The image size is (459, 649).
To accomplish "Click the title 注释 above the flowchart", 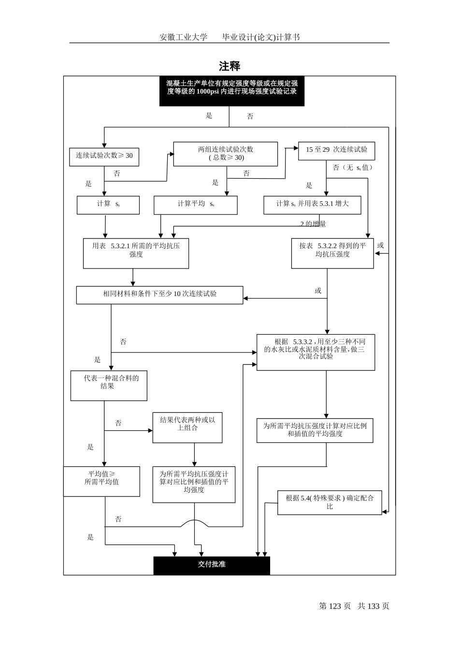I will pos(229,66).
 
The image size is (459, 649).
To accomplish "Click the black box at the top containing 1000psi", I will pos(232,91).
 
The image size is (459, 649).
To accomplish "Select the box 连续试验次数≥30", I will pos(104,156).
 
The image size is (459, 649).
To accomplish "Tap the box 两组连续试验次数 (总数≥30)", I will pos(226,154).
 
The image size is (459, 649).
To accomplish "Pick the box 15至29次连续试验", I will pos(336,151).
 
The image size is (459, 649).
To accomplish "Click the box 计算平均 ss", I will pos(195,205).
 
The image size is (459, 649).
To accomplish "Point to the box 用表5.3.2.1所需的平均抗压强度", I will pos(136,253).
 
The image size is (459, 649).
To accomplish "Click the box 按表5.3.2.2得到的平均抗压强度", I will pos(332,253).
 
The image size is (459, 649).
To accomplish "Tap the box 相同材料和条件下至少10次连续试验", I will pos(159,295).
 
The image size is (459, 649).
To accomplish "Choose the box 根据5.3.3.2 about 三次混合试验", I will pos(316,352).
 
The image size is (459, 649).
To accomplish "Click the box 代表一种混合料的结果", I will pos(109,385).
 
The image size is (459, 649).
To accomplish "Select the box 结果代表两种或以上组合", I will pos(187,427).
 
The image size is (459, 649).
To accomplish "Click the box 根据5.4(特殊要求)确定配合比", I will pos(330,502).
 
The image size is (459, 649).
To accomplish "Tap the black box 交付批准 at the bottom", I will pos(212,565).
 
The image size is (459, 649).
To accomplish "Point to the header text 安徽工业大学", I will pos(183,37).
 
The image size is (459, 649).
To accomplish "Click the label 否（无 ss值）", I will pos(352,168).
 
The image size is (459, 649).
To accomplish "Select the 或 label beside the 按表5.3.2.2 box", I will pos(381,245).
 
